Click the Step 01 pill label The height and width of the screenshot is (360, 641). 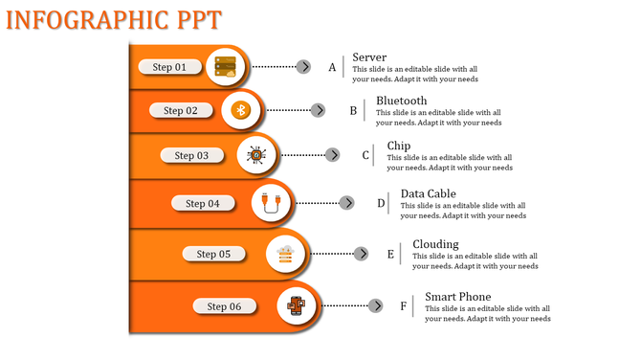pos(170,67)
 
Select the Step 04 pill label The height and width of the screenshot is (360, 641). pos(203,203)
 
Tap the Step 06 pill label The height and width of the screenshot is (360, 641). pos(224,306)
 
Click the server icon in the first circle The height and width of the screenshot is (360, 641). pos(226,67)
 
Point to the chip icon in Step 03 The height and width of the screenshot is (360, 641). pos(255,155)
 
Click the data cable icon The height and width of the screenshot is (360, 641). pos(273,203)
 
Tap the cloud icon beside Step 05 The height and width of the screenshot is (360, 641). pos(285,254)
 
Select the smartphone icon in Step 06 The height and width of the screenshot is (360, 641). pos(298,307)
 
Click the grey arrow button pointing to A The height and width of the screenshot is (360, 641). pos(303,67)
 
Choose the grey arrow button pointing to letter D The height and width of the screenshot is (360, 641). pos(347,203)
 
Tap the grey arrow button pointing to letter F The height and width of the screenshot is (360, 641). pos(377,306)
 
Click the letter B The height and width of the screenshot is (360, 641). pos(353,111)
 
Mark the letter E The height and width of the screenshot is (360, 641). pos(390,254)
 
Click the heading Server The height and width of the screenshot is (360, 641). pos(369,57)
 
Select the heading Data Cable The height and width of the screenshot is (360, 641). pos(428,193)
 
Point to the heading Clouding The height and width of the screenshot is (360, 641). pos(435,244)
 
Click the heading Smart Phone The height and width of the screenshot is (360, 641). pos(458,297)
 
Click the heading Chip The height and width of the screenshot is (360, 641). pos(399,146)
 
